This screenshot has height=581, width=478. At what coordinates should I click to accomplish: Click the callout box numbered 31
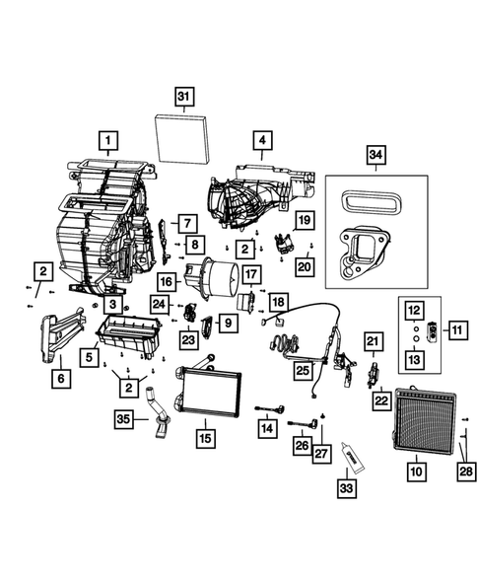pos(183,96)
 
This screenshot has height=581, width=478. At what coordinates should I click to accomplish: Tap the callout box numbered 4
pos(260,141)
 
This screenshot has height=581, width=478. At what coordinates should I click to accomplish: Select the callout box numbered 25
pos(303,369)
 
